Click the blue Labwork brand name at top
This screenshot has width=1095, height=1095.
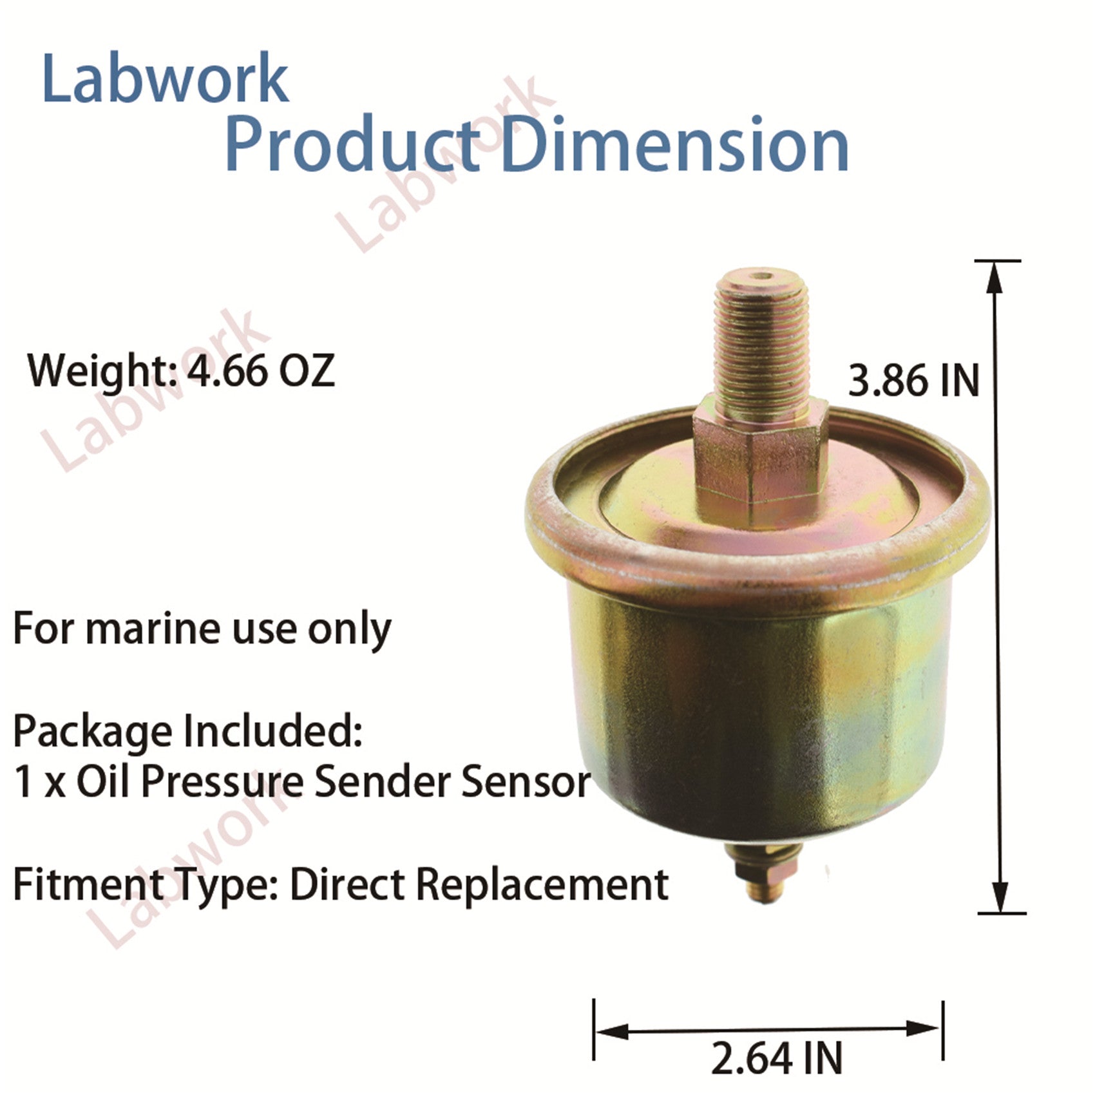[x=165, y=79]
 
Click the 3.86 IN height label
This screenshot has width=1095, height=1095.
[x=913, y=380]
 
